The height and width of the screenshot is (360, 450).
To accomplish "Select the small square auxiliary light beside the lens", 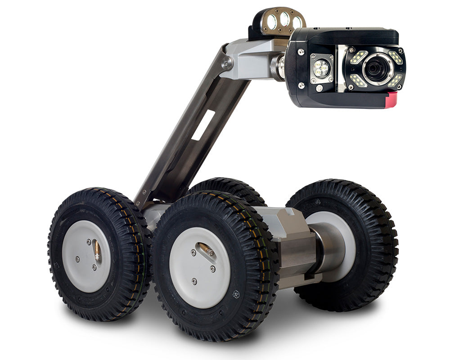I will pyautogui.click(x=321, y=67).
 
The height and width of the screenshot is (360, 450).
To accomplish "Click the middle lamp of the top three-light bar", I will pyautogui.click(x=284, y=19).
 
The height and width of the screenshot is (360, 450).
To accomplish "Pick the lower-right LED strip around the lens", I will pyautogui.click(x=395, y=81).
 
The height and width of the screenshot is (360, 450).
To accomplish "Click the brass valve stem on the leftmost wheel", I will pyautogui.click(x=96, y=250).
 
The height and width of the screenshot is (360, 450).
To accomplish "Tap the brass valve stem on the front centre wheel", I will pyautogui.click(x=205, y=249).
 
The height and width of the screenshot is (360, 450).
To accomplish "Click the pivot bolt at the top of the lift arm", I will pyautogui.click(x=226, y=63).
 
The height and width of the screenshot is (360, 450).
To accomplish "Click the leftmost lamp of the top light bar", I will pyautogui.click(x=272, y=21).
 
